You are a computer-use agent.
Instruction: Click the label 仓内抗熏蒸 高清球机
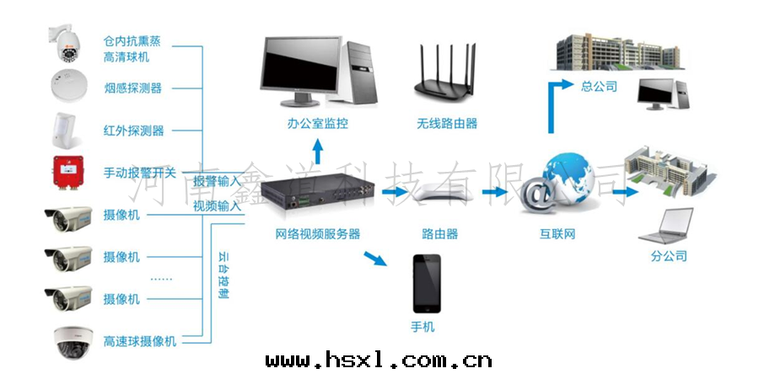[126, 49]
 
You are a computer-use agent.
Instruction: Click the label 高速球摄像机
[140, 341]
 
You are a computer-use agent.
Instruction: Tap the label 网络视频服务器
[317, 233]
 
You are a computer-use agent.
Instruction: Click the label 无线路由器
[446, 123]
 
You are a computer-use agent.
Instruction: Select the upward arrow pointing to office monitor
[317, 150]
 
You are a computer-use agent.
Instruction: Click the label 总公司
[600, 87]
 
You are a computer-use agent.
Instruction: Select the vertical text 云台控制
[223, 275]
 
